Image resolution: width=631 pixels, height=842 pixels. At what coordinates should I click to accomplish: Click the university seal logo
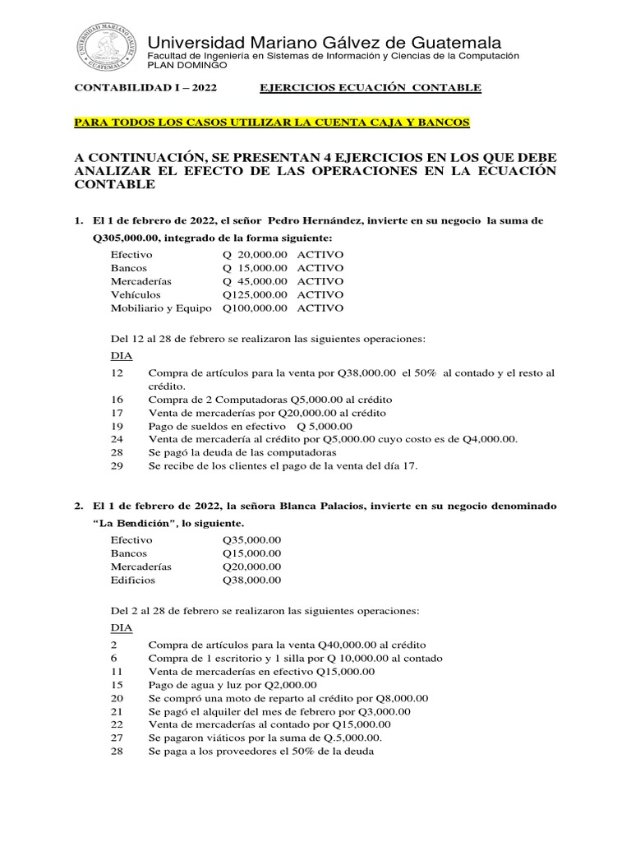107,47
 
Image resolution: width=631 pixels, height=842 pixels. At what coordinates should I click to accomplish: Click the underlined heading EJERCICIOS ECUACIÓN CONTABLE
371,88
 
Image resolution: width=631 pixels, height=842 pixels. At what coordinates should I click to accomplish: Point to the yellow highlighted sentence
271,122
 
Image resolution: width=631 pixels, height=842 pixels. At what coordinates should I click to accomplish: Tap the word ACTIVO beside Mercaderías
320,280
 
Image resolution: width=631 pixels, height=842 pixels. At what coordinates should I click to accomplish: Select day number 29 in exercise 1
117,465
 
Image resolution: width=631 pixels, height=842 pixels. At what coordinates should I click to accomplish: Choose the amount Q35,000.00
251,539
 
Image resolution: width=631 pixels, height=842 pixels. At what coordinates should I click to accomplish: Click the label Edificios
132,579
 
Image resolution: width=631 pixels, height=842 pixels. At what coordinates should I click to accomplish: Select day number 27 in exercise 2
117,738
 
